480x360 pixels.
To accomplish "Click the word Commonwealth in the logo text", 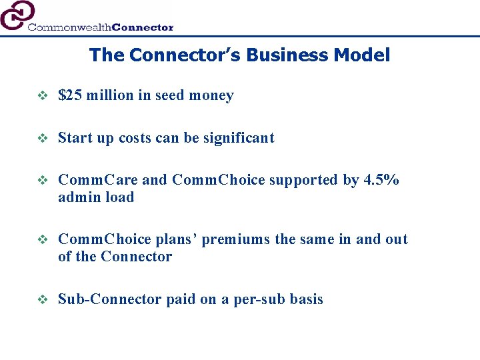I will point(69,27).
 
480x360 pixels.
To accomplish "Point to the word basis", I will point(305,299).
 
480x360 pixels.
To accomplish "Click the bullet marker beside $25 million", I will point(41,96).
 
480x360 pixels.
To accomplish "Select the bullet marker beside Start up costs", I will point(41,139).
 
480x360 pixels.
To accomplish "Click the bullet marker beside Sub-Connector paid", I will point(41,300).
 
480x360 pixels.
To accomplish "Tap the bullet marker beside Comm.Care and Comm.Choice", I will point(41,181).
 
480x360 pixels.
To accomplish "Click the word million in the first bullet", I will point(109,95).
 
